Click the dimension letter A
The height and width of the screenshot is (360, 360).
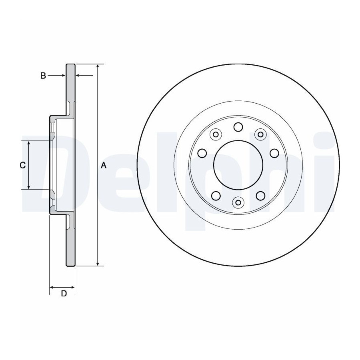click(104, 165)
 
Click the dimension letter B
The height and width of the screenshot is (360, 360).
click(43, 76)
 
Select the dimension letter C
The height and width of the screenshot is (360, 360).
click(22, 165)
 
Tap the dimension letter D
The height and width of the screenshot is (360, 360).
click(64, 293)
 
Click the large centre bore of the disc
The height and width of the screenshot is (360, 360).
click(238, 165)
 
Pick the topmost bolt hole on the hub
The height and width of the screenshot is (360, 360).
click(238, 127)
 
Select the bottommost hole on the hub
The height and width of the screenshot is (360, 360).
click(238, 202)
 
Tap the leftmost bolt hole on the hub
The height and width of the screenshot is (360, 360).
click(202, 153)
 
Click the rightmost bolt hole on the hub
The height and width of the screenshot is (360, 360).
click(274, 153)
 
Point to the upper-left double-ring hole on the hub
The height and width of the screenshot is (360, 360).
click(216, 134)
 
